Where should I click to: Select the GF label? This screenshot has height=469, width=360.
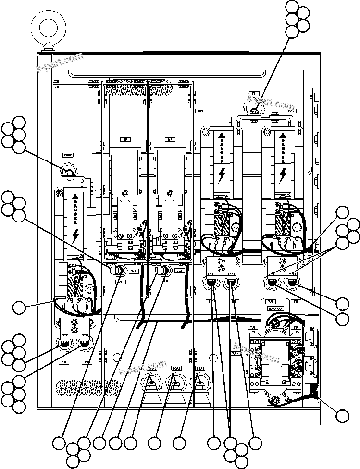(125, 139)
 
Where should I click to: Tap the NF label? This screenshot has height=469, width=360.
(170, 139)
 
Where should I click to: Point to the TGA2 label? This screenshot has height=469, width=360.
(68, 155)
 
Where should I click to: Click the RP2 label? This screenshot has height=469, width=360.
(201, 111)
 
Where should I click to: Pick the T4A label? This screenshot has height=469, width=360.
(134, 271)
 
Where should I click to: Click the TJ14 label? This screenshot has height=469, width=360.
(236, 353)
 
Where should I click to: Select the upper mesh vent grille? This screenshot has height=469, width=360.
(126, 89)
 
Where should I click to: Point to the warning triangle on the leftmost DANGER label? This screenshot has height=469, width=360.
(75, 197)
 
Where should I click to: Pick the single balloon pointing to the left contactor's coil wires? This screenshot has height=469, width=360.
(20, 307)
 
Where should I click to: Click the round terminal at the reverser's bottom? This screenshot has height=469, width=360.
(275, 400)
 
